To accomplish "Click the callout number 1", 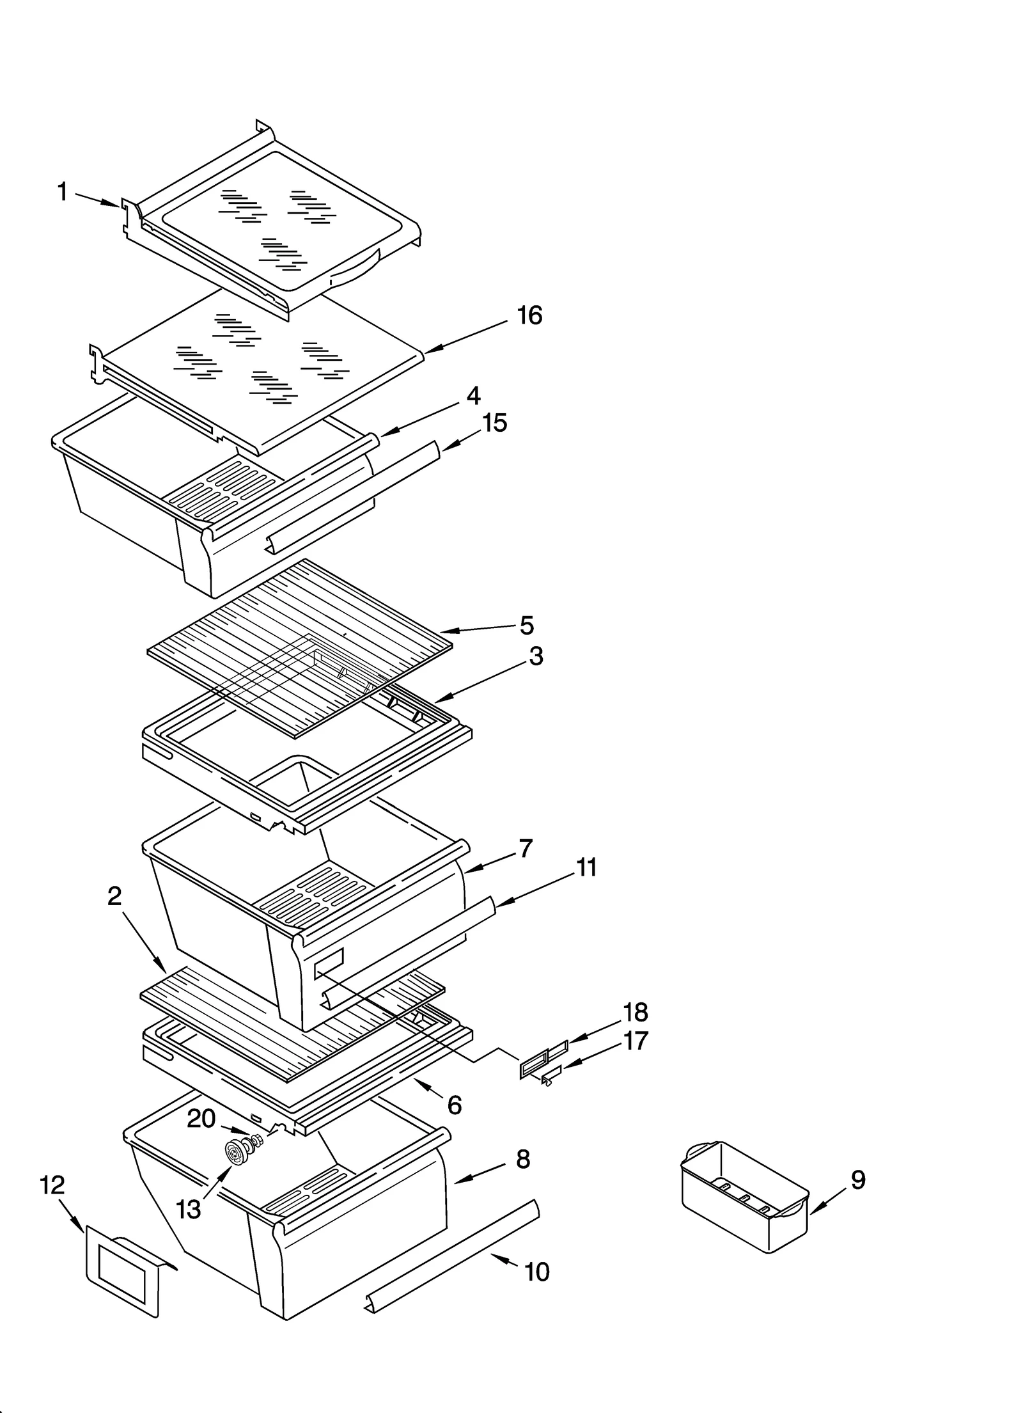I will point(62,191).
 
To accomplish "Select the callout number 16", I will point(529,315).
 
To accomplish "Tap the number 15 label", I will point(494,423).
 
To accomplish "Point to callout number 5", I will point(526,626).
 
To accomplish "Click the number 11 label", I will point(586,868).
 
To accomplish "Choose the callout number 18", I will point(635,1013).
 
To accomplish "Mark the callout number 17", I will point(635,1041).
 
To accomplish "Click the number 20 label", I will point(201,1118).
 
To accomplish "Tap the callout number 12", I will point(52,1185).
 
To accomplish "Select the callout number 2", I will point(114,897).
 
